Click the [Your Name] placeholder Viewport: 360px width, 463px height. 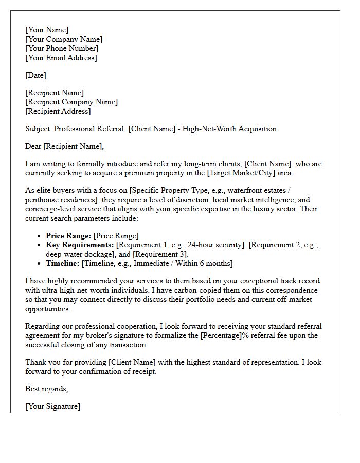pos(47,30)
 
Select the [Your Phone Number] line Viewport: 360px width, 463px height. pos(62,48)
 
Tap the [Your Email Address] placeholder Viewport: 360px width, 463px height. pos(61,58)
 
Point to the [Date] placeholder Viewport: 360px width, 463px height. pos(35,75)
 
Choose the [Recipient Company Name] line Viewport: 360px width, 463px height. pos(71,102)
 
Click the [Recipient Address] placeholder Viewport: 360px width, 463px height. pos(58,111)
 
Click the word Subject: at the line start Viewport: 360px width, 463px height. pos(39,129)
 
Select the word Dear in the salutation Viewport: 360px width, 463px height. pos(33,146)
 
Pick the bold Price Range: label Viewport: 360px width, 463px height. pos(68,236)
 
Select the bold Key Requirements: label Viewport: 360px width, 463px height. pos(80,245)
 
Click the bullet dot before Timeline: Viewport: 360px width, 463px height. pos(40,263)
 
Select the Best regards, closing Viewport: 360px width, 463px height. pos(46,389)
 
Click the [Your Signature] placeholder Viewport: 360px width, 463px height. pos(52,406)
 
